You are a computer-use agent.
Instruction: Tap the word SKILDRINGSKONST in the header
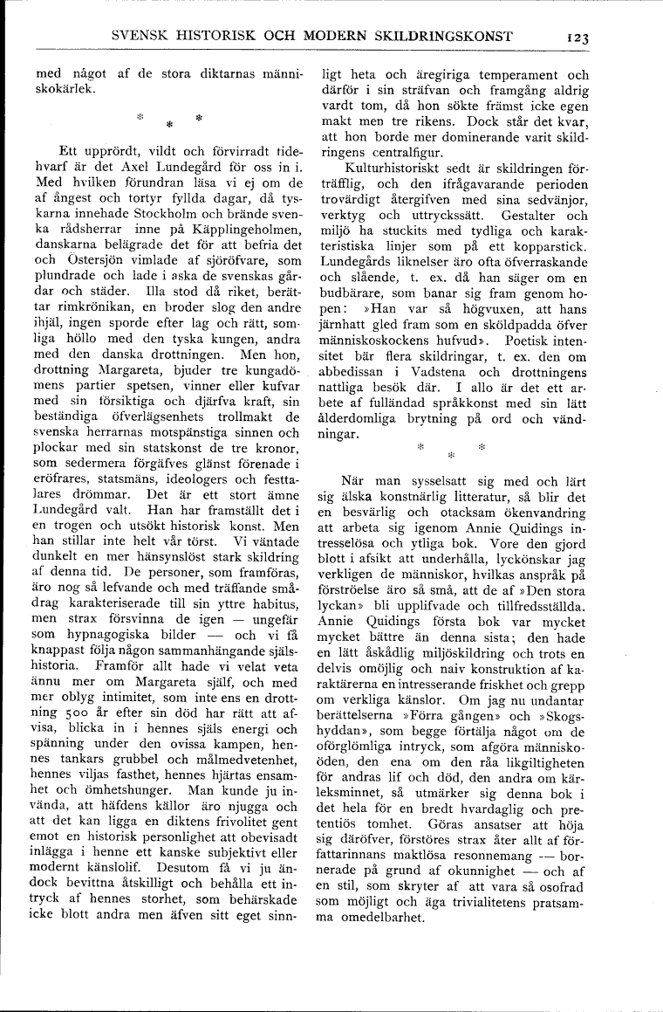pos(440,37)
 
